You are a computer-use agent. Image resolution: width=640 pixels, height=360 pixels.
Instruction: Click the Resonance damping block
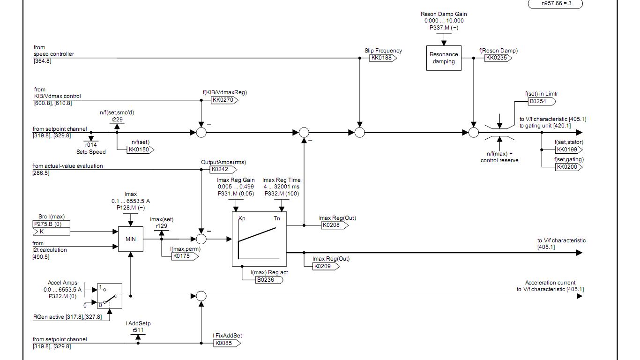click(444, 58)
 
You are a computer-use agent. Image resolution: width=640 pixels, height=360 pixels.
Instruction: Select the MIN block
click(131, 239)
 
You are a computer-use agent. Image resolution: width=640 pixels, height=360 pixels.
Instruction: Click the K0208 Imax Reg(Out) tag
click(334, 225)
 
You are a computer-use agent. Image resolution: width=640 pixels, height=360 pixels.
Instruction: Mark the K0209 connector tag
click(326, 266)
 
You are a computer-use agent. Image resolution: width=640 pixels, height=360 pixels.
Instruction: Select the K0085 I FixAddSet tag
click(226, 343)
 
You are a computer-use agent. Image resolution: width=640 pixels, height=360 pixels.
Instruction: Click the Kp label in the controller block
click(242, 218)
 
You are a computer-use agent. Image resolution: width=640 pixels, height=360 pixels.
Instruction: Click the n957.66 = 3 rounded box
click(556, 4)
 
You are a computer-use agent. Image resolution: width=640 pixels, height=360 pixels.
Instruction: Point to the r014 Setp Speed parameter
click(91, 145)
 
